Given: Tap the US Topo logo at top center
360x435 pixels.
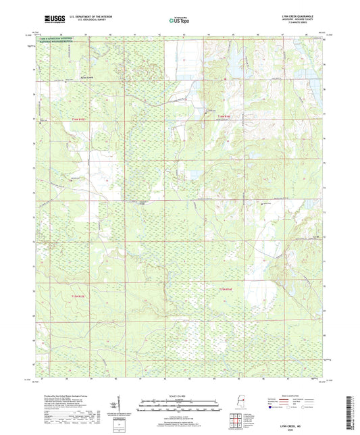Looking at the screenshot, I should [x=179, y=20].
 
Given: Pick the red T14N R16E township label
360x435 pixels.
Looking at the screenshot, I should [x=225, y=290].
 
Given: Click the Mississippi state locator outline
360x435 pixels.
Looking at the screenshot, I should [x=238, y=404].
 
